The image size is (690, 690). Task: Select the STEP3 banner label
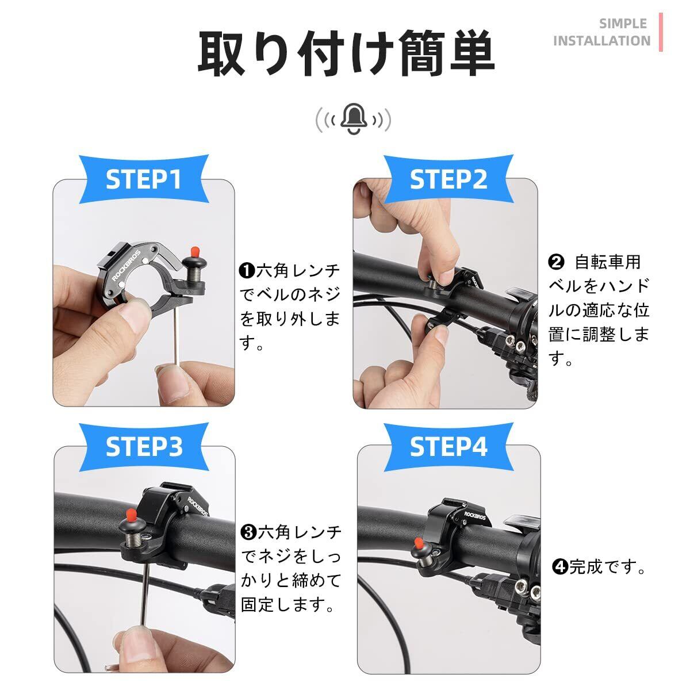coord(144,447)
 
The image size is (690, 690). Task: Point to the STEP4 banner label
coord(448,447)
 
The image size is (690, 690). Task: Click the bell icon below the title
coord(354,119)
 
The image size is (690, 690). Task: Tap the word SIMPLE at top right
coord(623,24)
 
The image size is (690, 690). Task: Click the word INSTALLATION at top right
coord(602,40)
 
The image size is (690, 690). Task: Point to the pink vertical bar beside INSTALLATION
coord(661,32)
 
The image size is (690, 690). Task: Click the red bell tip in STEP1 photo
coord(195,251)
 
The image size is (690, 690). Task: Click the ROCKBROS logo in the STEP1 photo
coord(126,265)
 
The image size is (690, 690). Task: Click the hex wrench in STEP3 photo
coord(145,595)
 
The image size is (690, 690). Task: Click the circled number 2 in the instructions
coord(556,262)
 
